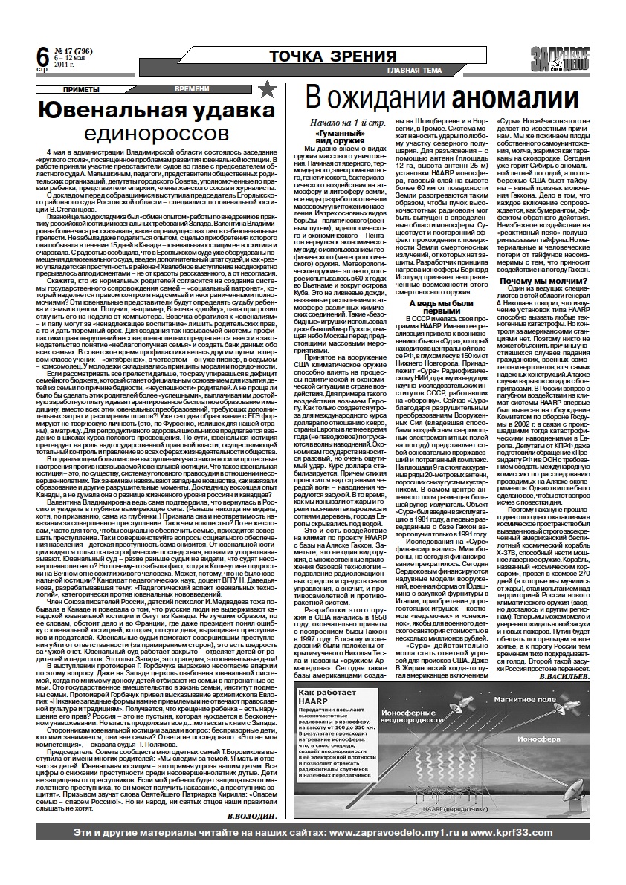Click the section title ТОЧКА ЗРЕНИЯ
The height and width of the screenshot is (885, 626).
(332, 56)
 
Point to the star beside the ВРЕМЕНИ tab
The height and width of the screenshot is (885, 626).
(269, 90)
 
